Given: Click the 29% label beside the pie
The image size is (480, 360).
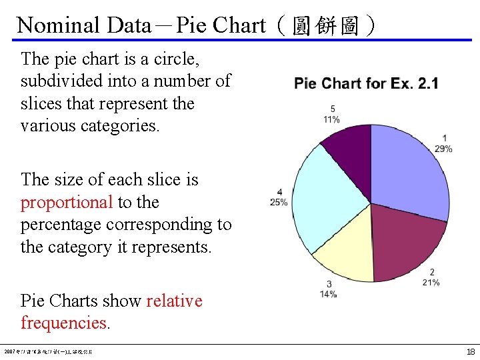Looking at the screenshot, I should click(x=443, y=149).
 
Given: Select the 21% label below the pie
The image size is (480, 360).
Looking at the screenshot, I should click(x=431, y=283).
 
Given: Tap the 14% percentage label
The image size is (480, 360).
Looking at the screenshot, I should click(x=328, y=294).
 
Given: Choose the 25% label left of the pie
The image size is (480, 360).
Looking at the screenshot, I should click(x=279, y=202).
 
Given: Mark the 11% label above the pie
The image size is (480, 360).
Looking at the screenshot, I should click(x=331, y=119).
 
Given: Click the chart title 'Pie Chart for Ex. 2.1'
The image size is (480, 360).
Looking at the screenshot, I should click(x=366, y=83).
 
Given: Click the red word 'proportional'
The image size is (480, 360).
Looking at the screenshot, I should click(x=67, y=202).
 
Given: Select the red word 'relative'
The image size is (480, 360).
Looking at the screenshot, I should click(x=174, y=301).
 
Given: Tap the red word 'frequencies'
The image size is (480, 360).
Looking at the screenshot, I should click(x=63, y=323).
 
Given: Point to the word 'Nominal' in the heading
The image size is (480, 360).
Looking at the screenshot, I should click(x=59, y=25).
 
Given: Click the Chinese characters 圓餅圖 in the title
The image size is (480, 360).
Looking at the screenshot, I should click(x=325, y=26).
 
